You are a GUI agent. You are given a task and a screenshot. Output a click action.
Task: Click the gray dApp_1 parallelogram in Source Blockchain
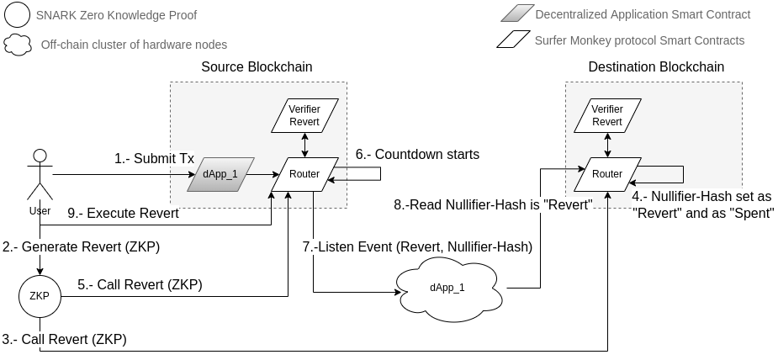pyautogui.click(x=222, y=173)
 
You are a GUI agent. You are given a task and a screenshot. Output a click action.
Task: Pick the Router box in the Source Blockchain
pyautogui.click(x=304, y=173)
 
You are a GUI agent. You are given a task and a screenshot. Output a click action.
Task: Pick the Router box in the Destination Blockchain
pyautogui.click(x=606, y=173)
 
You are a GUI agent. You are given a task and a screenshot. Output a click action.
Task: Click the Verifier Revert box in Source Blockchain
pyautogui.click(x=304, y=115)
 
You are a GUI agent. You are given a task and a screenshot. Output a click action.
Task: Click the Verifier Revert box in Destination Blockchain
pyautogui.click(x=606, y=115)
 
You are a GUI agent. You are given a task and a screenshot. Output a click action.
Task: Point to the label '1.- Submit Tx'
pyautogui.click(x=154, y=159)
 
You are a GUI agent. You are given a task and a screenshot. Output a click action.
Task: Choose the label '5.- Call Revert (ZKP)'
pyautogui.click(x=140, y=284)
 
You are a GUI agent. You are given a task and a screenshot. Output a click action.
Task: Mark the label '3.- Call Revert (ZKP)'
pyautogui.click(x=64, y=339)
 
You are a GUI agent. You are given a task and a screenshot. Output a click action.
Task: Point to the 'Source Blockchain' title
pyautogui.click(x=257, y=66)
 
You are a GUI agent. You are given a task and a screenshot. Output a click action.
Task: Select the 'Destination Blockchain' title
pyautogui.click(x=656, y=66)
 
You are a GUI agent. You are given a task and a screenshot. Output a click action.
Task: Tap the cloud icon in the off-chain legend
pyautogui.click(x=17, y=45)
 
